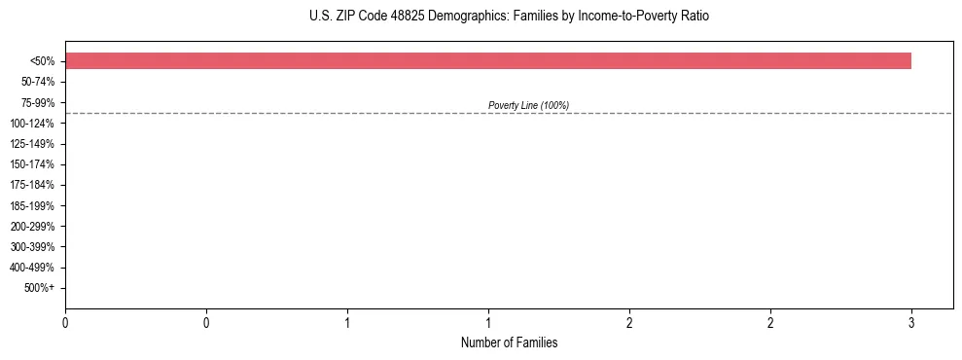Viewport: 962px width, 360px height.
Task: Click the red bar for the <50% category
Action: [x=487, y=60]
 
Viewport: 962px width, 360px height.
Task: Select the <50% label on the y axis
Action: [x=42, y=61]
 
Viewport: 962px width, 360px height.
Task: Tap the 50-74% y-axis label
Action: [x=36, y=82]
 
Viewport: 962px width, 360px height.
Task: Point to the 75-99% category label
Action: [x=36, y=102]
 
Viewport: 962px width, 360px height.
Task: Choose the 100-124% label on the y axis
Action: [x=32, y=124]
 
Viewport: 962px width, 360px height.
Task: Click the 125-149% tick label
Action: [x=32, y=144]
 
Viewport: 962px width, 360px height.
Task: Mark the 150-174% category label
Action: [x=32, y=164]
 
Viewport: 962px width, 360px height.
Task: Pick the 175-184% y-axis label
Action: [x=32, y=185]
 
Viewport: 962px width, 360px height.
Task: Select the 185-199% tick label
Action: [x=32, y=206]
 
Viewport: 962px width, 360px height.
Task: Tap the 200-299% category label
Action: [x=32, y=227]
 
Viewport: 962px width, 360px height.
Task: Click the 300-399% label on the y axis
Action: [x=32, y=247]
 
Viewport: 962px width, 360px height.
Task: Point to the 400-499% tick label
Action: [x=32, y=268]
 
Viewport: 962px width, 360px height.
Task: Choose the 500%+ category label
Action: [x=39, y=288]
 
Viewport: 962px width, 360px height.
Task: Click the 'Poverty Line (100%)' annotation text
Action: [x=528, y=105]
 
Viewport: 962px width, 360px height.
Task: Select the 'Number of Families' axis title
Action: [x=509, y=342]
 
